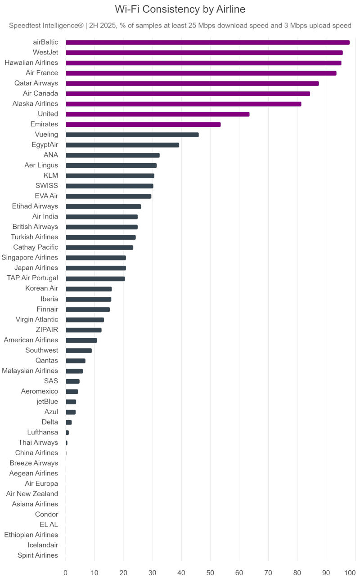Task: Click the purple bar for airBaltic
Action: tap(207, 42)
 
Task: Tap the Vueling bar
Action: tap(132, 134)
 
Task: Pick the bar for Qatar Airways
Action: tap(192, 83)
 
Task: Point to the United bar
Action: tap(157, 114)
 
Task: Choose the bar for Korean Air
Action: tap(89, 289)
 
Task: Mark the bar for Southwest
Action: tap(79, 350)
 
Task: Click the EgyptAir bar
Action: tap(122, 145)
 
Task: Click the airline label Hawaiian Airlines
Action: tap(31, 63)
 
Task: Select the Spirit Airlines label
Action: tap(38, 555)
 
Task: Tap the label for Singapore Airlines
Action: tap(30, 258)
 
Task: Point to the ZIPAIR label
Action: tap(47, 330)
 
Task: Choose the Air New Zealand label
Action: tap(32, 494)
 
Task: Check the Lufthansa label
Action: tap(42, 432)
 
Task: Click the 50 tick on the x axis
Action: tap(210, 573)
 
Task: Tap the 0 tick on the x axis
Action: tap(66, 573)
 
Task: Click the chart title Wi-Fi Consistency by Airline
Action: tap(180, 9)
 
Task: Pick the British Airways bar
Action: tap(102, 227)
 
